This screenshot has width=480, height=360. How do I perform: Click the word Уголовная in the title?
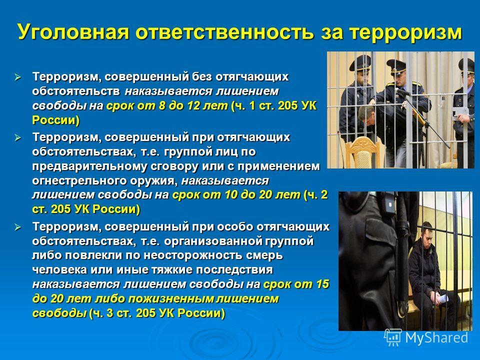[74, 31]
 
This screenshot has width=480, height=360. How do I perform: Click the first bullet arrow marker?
[17, 77]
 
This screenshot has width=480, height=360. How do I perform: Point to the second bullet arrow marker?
[17, 137]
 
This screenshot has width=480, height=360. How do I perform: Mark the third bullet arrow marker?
[17, 227]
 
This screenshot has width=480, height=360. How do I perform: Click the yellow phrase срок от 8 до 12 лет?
[167, 105]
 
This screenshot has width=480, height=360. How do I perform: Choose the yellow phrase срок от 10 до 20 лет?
[236, 194]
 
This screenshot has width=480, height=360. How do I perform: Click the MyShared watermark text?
[436, 337]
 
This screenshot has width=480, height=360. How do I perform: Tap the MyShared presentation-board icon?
[393, 337]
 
